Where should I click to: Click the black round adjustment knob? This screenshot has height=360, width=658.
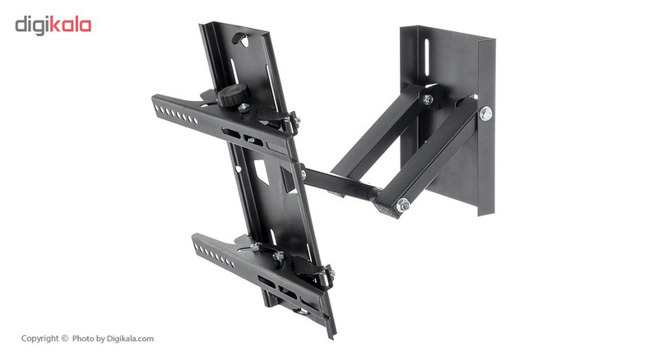coord(233,95)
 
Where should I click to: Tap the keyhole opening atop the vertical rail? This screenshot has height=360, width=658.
coord(243,39)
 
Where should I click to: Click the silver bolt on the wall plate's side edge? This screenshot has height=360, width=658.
coord(485,113)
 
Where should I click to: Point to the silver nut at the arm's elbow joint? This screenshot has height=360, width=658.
coord(403,205)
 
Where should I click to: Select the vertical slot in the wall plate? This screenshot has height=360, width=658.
coord(427,58)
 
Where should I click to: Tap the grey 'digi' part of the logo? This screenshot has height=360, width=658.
coord(32,25)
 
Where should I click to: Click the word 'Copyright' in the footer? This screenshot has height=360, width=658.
coord(39,338)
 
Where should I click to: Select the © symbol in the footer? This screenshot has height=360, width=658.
coord(64,338)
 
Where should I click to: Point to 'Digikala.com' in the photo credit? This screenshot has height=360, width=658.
coord(130,339)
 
